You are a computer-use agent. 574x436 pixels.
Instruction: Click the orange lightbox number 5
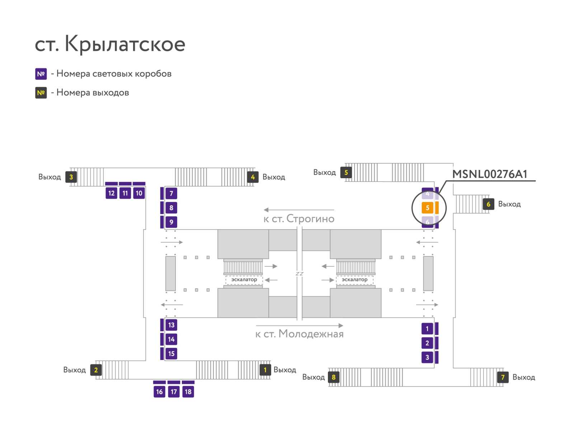(427, 208)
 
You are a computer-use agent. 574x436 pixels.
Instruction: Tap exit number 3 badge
(71, 177)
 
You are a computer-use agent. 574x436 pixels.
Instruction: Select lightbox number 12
(111, 193)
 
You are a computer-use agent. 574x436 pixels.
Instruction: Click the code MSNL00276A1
(490, 174)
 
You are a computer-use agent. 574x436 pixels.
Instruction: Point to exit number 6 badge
(488, 204)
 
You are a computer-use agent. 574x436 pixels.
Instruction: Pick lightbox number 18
(188, 392)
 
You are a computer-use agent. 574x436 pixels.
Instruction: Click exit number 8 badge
(334, 377)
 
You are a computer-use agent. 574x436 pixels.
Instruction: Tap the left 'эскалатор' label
(244, 279)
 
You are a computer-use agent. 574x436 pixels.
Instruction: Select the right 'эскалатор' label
(354, 279)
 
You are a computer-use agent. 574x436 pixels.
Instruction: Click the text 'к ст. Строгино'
(299, 219)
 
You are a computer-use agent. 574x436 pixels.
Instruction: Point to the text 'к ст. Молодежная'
(299, 334)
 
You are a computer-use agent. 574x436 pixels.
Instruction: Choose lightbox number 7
(171, 194)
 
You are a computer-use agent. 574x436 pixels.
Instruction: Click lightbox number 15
(171, 354)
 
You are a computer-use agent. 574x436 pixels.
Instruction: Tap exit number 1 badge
(265, 370)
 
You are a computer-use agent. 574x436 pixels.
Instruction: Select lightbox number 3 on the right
(427, 357)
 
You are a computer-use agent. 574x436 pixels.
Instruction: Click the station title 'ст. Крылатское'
(110, 44)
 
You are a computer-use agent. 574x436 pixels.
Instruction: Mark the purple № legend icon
(41, 74)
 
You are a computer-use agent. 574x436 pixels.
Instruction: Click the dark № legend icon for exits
(41, 93)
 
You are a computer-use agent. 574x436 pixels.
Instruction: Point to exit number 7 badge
(503, 377)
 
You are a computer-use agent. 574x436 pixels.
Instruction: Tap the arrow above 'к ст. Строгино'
(299, 210)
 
